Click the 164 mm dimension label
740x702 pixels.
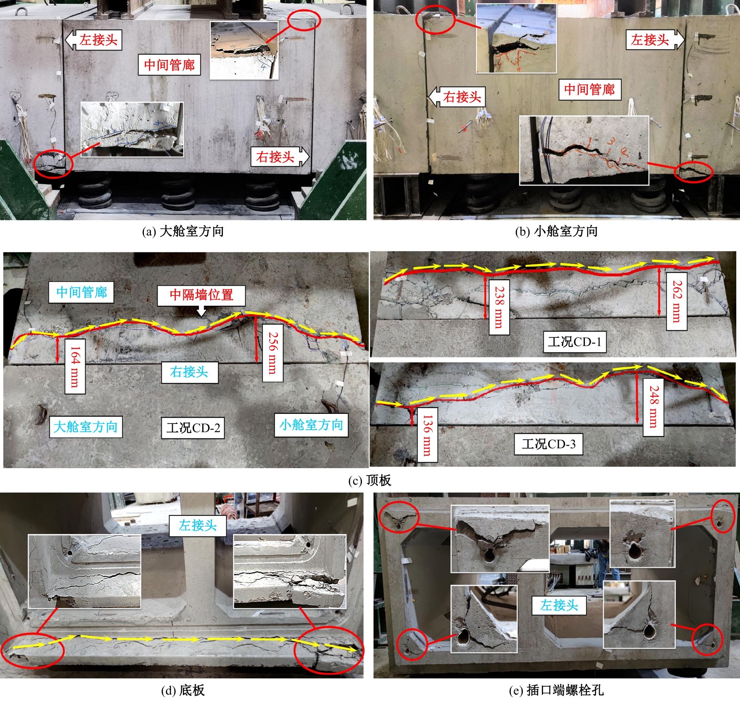click(x=75, y=366)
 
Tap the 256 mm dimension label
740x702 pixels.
click(x=273, y=353)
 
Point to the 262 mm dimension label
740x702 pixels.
click(x=677, y=301)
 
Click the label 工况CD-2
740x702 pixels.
click(x=193, y=428)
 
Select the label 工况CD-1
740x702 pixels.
click(x=575, y=342)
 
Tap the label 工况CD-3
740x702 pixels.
click(x=548, y=444)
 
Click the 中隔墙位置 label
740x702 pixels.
click(x=201, y=295)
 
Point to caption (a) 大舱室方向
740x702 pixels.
click(x=183, y=231)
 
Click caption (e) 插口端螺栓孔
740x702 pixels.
click(x=556, y=690)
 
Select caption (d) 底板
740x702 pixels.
click(x=182, y=690)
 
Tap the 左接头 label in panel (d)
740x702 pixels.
click(x=198, y=526)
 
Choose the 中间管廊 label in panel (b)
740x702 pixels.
click(x=589, y=89)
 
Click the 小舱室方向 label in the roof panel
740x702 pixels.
click(x=311, y=425)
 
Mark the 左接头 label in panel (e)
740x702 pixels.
click(x=559, y=605)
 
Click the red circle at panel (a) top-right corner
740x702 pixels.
click(x=304, y=20)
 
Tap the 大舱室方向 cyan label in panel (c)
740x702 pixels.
click(x=86, y=427)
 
